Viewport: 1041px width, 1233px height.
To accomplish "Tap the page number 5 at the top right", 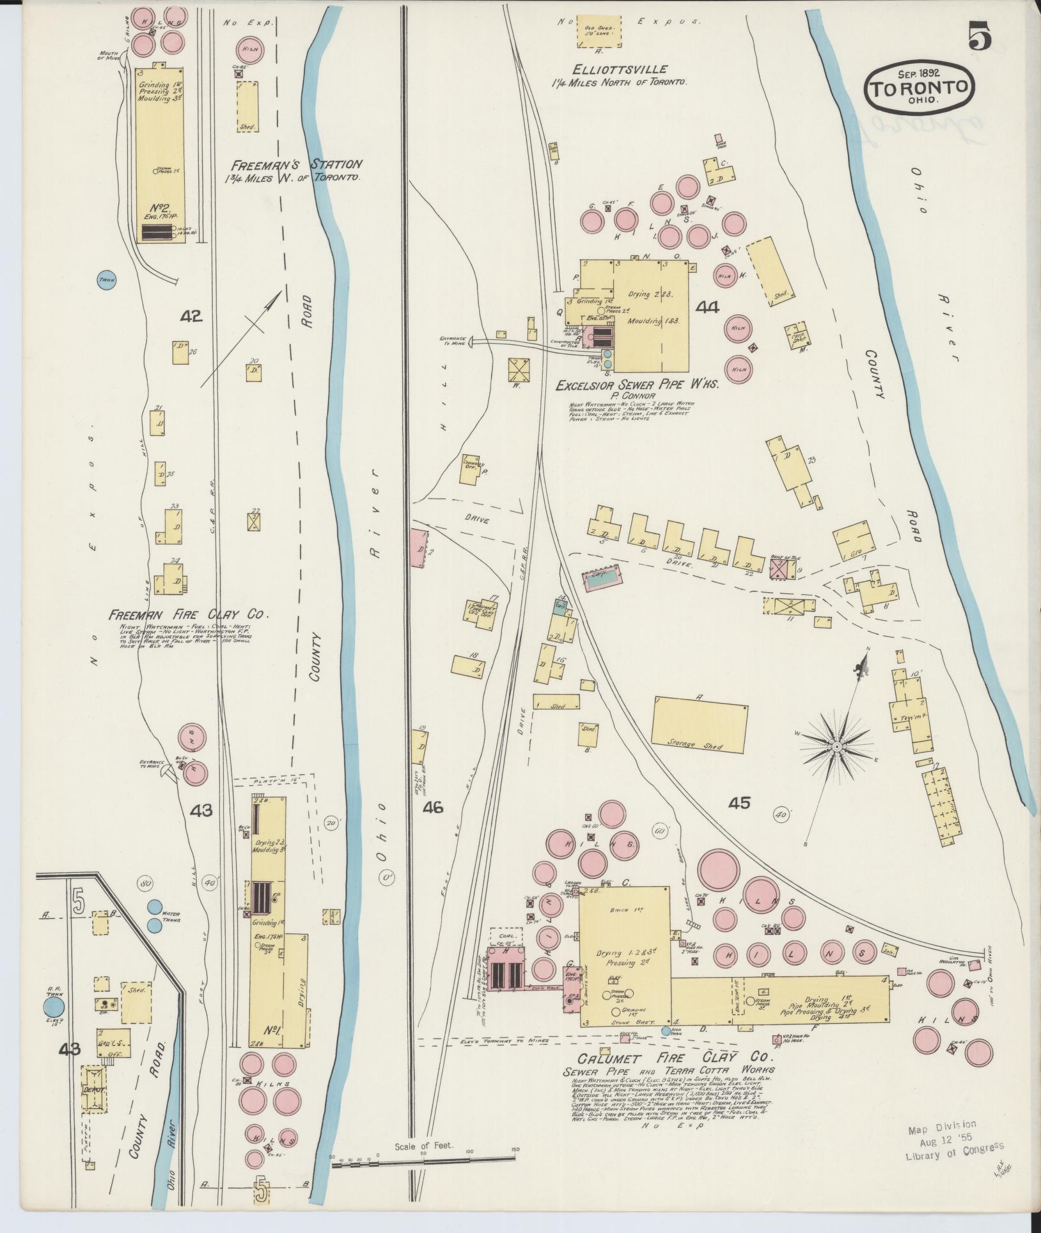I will [980, 35].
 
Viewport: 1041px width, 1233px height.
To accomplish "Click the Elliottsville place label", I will [620, 69].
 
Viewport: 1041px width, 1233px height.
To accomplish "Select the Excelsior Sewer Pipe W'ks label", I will [637, 385].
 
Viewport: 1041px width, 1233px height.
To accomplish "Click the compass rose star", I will [836, 747].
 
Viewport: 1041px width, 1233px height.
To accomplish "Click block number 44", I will [707, 308].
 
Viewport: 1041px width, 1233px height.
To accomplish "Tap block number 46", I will [432, 808].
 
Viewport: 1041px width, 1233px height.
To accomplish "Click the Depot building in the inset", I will [93, 1089].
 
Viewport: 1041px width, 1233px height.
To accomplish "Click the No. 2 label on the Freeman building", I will [159, 207].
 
